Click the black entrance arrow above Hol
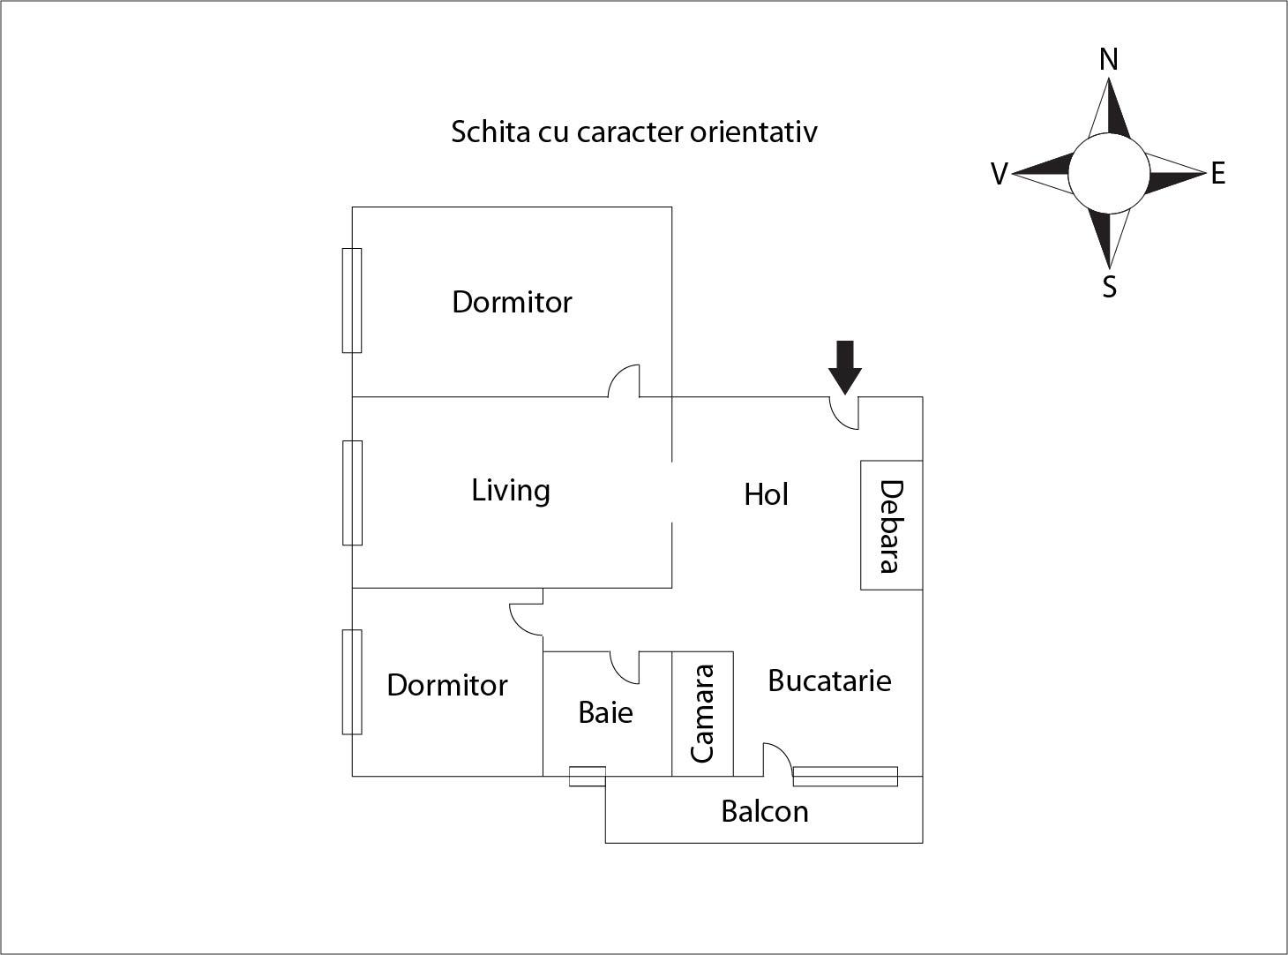845,365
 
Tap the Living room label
511,490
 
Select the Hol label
766,494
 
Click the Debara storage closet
891,525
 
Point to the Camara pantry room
702,713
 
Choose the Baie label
605,712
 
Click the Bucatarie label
829,681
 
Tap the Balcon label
764,811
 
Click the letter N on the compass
1109,60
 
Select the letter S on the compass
1109,287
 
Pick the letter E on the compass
1217,173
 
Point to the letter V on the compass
999,174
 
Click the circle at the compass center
1109,174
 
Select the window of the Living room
352,493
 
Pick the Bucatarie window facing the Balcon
845,777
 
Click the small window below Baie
587,777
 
